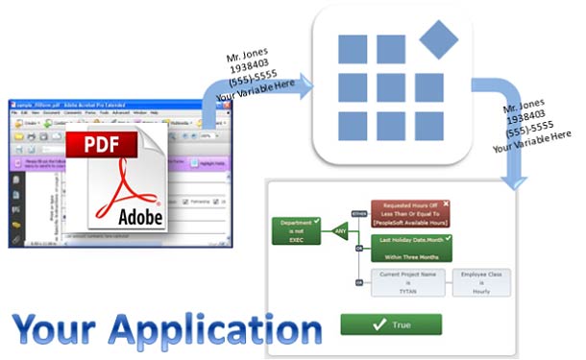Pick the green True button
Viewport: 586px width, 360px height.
point(389,324)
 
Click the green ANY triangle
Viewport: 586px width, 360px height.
point(338,230)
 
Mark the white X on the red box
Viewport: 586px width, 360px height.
point(446,204)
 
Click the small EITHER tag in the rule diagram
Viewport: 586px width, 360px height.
point(359,212)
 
